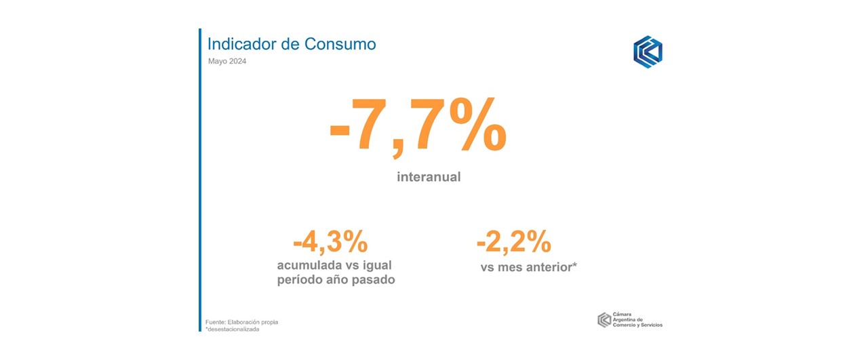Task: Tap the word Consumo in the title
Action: pos(340,44)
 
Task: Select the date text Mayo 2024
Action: pos(227,61)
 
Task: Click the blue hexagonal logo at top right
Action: pos(648,52)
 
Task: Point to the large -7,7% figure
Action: pos(418,127)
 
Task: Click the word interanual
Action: pos(429,177)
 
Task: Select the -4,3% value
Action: pos(330,242)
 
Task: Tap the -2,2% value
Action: pos(514,242)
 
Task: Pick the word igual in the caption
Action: pos(377,266)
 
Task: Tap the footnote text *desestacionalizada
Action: pos(232,329)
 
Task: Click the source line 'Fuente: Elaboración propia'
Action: pos(241,322)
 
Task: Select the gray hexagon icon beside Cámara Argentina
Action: pos(604,320)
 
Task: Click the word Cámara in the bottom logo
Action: pos(622,315)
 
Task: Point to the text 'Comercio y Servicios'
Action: pos(637,325)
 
